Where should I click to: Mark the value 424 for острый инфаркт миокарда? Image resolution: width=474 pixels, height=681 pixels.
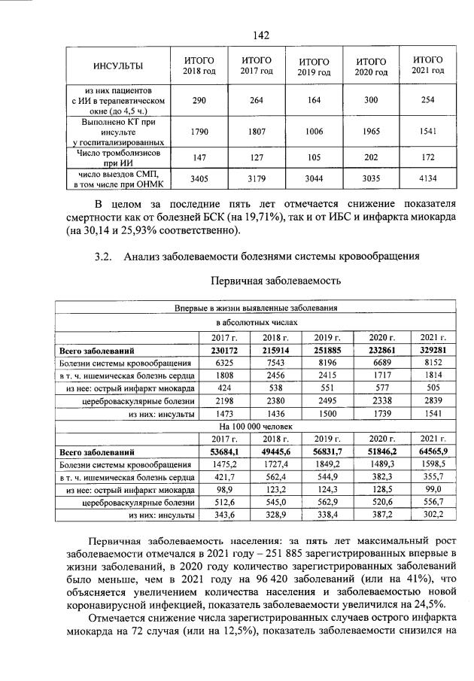coord(222,388)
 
